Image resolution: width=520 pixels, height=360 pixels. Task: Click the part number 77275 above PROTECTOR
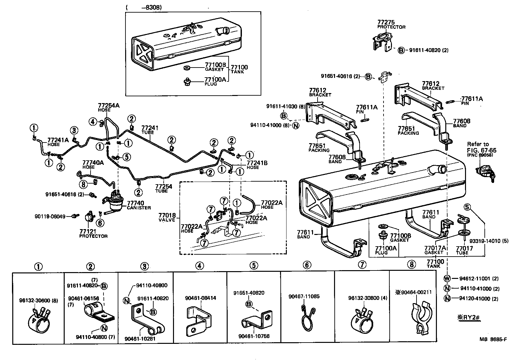coord(386,22)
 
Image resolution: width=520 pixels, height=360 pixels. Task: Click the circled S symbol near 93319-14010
coord(467,207)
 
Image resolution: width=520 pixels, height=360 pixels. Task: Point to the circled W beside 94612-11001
coord(447,278)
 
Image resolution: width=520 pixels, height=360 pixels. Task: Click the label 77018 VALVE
coord(167,217)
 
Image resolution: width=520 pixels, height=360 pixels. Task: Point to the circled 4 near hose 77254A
coord(93,122)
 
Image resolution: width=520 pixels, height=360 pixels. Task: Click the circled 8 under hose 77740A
coord(83,184)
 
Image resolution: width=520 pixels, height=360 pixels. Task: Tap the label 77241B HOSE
coord(257,165)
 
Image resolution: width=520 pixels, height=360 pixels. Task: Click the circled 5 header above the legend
coord(254,266)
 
